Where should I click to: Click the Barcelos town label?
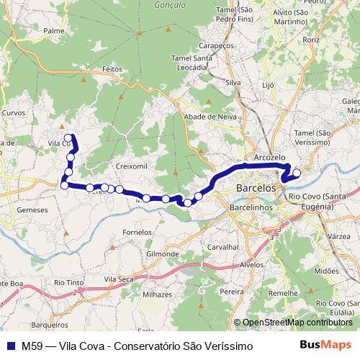pos(256,188)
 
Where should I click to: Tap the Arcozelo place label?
pos(270,157)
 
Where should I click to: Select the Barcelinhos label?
pos(251,207)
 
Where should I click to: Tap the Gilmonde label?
pos(162,254)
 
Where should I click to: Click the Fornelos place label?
pos(138,233)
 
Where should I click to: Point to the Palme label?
pos(54,31)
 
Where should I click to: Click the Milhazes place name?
pos(158,294)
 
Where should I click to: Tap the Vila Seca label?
pos(119,278)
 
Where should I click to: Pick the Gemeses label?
pos(32,210)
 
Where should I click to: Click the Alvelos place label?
pos(252,264)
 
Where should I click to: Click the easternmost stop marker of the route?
pos(296,172)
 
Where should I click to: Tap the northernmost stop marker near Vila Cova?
pos(68,138)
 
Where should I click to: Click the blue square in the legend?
pos(11,346)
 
